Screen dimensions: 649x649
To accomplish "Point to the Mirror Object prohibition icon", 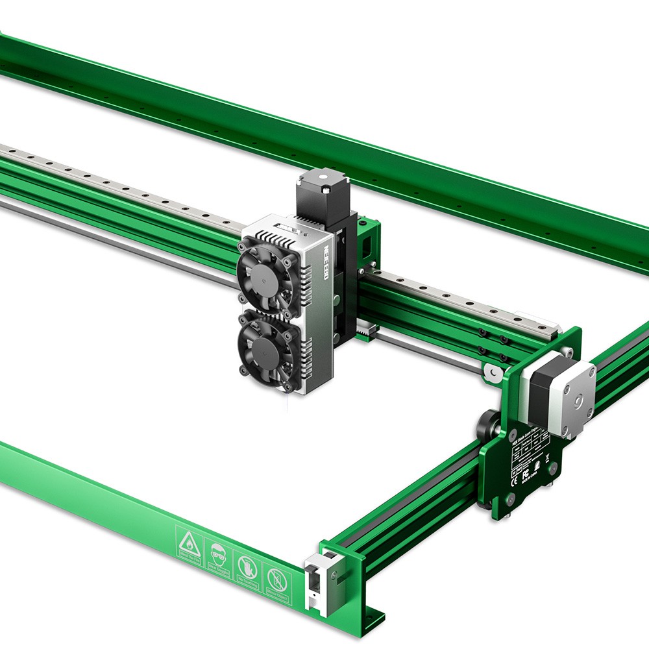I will point(276,579).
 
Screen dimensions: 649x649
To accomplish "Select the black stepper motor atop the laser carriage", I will point(323,195).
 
